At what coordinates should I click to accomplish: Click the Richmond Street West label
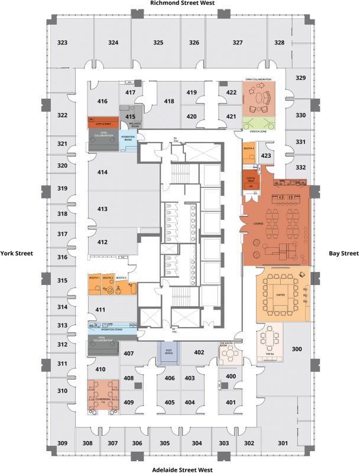pyautogui.click(x=181, y=4)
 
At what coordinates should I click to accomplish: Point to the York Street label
pyautogui.click(x=17, y=253)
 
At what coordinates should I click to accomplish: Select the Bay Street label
pyautogui.click(x=343, y=253)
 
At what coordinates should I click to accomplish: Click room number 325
pyautogui.click(x=158, y=43)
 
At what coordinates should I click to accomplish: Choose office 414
pyautogui.click(x=102, y=172)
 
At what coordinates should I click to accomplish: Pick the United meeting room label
pyautogui.click(x=281, y=294)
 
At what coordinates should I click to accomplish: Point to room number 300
pyautogui.click(x=297, y=349)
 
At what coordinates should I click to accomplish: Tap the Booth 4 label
pyautogui.click(x=249, y=148)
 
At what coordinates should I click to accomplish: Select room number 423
pyautogui.click(x=266, y=156)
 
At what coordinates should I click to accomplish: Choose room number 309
pyautogui.click(x=62, y=443)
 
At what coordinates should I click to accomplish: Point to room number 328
pyautogui.click(x=279, y=43)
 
